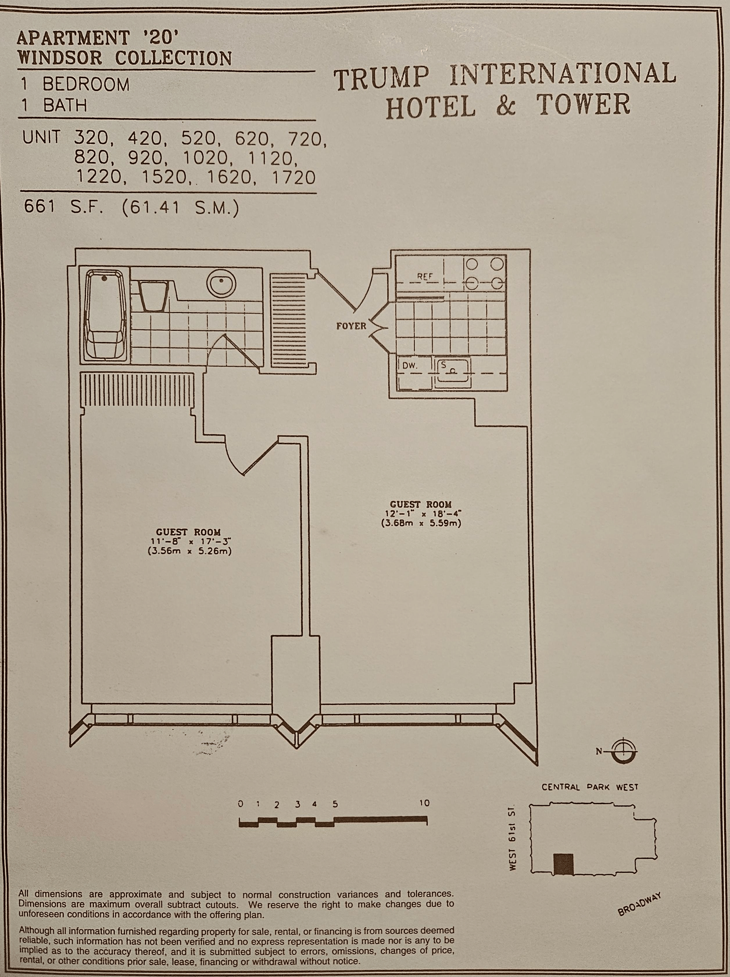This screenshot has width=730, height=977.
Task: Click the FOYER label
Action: (351, 326)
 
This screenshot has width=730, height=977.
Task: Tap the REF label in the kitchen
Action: (425, 277)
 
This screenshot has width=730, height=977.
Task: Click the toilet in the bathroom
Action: (153, 295)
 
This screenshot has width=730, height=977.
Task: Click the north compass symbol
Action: (624, 751)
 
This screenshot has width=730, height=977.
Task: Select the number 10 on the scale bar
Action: (424, 803)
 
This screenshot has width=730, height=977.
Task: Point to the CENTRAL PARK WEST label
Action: (590, 787)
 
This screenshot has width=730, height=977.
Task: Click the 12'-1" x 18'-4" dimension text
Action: (421, 514)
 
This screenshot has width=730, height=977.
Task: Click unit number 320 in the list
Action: (91, 139)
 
